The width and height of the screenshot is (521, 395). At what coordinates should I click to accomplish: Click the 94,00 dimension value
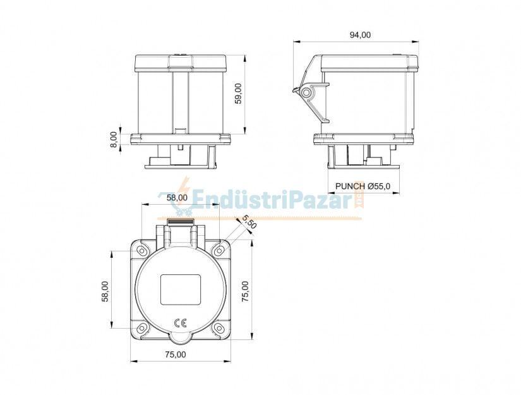pyautogui.click(x=360, y=35)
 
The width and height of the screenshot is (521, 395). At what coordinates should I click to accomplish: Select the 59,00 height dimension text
pyautogui.click(x=238, y=94)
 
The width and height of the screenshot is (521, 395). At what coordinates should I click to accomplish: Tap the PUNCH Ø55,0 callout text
pyautogui.click(x=363, y=186)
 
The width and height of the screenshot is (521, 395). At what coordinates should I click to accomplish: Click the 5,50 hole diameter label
pyautogui.click(x=249, y=222)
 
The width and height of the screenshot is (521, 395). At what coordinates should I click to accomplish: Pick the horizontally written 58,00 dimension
pyautogui.click(x=177, y=197)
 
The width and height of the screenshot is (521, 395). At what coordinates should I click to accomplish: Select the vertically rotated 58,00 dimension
pyautogui.click(x=105, y=291)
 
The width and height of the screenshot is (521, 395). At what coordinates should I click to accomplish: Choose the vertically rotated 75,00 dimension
pyautogui.click(x=245, y=291)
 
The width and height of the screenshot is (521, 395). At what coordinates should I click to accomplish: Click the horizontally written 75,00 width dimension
pyautogui.click(x=176, y=355)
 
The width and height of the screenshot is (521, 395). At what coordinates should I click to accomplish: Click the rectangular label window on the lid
pyautogui.click(x=180, y=289)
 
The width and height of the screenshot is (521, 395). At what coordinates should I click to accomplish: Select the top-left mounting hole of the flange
pyautogui.click(x=143, y=252)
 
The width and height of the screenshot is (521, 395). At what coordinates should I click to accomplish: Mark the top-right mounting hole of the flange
pyautogui.click(x=218, y=252)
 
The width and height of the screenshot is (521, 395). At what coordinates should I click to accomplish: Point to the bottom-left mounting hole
pyautogui.click(x=143, y=327)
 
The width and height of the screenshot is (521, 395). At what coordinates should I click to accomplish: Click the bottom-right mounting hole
pyautogui.click(x=218, y=327)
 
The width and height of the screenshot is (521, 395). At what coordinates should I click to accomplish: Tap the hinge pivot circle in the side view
pyautogui.click(x=307, y=93)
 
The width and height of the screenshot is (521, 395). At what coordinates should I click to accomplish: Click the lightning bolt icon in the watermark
pyautogui.click(x=184, y=191)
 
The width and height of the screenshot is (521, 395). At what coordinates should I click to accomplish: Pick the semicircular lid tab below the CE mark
pyautogui.click(x=180, y=338)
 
